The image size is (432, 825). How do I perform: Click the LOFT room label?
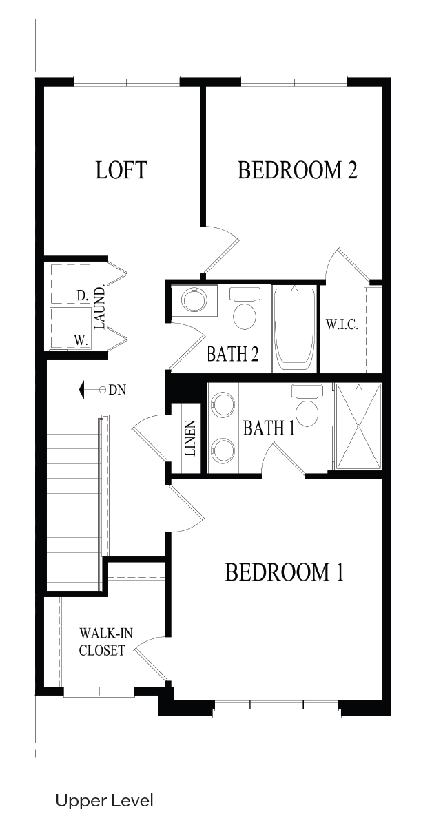click(121, 170)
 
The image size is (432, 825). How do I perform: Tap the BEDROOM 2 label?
click(297, 170)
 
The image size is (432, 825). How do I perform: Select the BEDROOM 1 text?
click(284, 572)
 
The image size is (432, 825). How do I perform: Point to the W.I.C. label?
click(342, 324)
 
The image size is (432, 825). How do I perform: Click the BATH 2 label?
click(233, 354)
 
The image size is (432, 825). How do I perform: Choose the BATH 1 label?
click(268, 428)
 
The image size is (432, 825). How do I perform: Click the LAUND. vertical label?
click(99, 308)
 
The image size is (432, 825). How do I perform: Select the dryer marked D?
click(70, 284)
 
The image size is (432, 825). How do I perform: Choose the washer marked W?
click(70, 328)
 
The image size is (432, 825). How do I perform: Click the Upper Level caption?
click(104, 802)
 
